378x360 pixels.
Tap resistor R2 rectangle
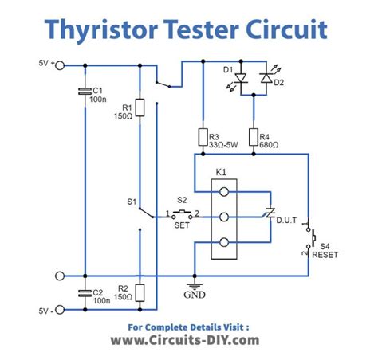(x=140, y=292)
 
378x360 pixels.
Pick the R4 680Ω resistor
(x=254, y=136)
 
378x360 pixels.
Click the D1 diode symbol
(x=240, y=79)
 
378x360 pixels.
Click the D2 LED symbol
(x=267, y=79)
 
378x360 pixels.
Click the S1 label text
(x=132, y=202)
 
